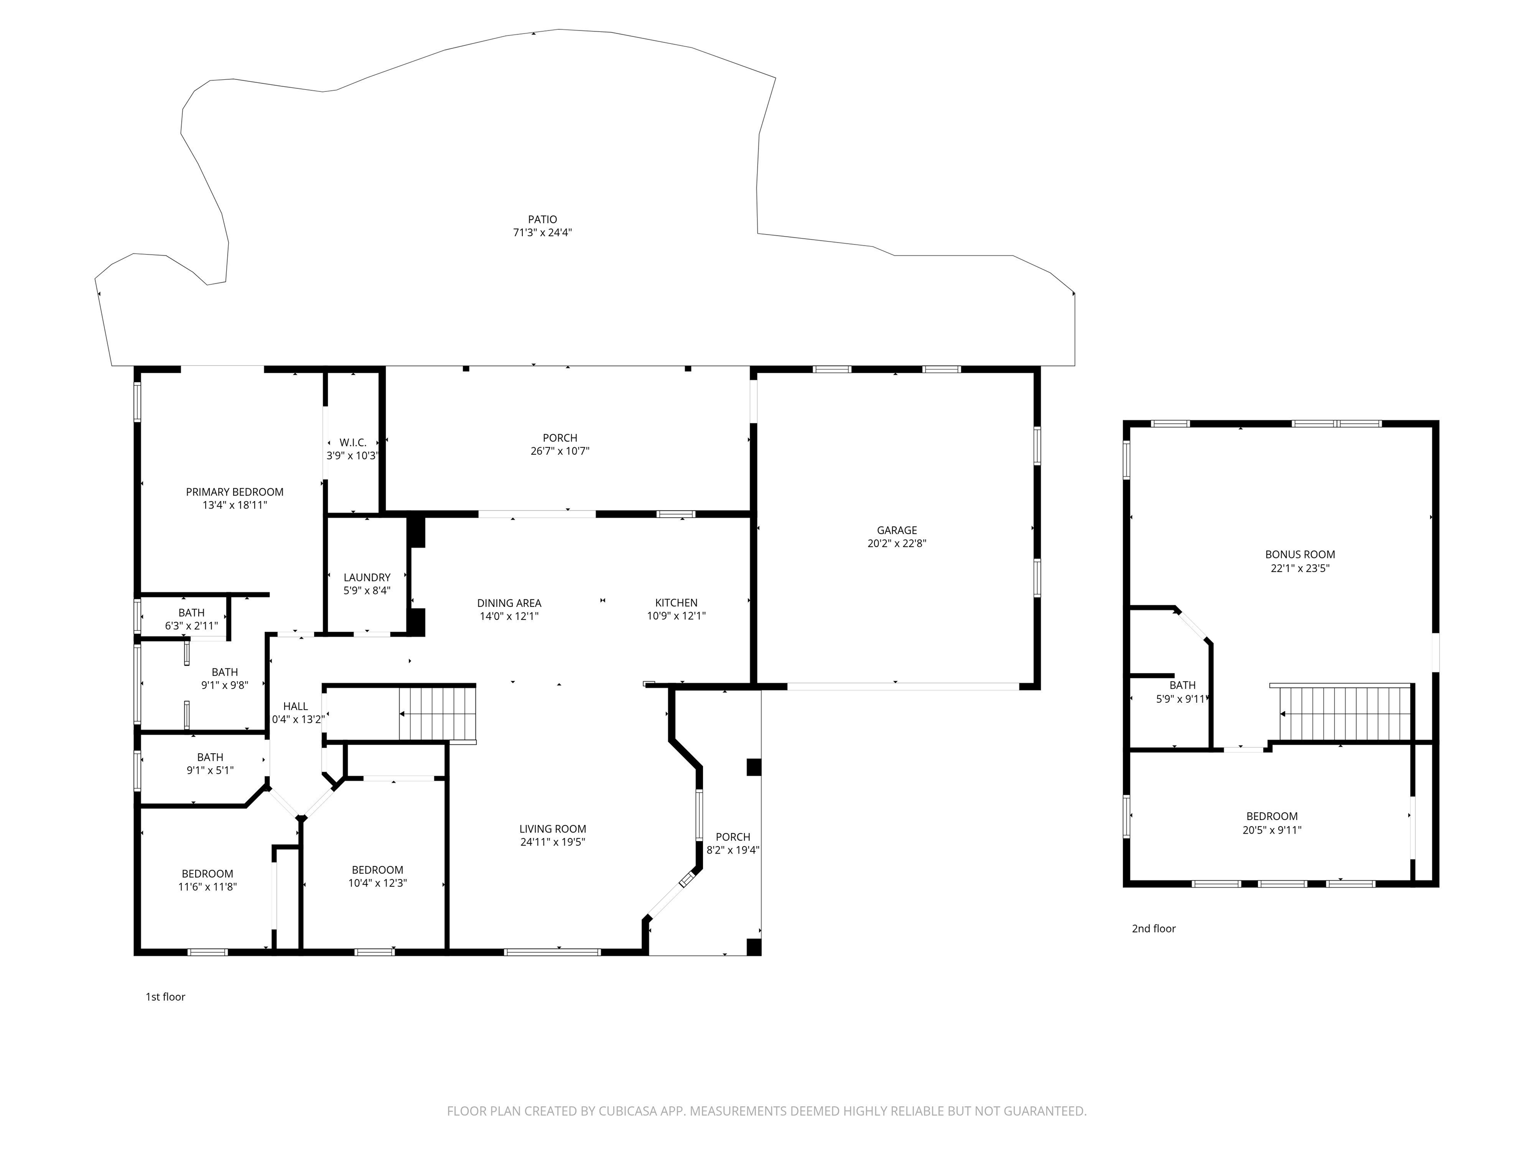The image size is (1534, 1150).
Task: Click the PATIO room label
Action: (x=542, y=220)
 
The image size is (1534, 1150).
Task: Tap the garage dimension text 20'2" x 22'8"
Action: (x=897, y=544)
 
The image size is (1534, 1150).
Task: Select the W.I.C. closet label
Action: (x=353, y=443)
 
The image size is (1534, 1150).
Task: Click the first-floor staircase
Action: (x=437, y=714)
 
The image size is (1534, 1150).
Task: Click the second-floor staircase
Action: (x=1345, y=714)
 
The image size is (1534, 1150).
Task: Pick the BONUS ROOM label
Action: (x=1300, y=555)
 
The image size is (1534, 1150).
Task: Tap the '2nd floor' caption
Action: (x=1154, y=929)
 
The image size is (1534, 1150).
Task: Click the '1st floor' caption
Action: (x=165, y=997)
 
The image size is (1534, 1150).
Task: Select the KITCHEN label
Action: (x=676, y=603)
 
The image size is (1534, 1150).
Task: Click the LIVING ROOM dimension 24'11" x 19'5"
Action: (x=553, y=842)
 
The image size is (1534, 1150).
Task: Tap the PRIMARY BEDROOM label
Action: (x=234, y=492)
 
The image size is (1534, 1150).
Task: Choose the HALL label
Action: (x=296, y=706)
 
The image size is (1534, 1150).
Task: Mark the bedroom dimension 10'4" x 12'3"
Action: (x=378, y=883)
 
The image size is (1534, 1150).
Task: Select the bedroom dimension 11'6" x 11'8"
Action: (x=207, y=886)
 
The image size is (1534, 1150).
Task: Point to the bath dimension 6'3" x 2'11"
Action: (x=191, y=626)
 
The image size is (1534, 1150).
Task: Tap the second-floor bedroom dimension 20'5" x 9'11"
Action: (x=1272, y=830)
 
